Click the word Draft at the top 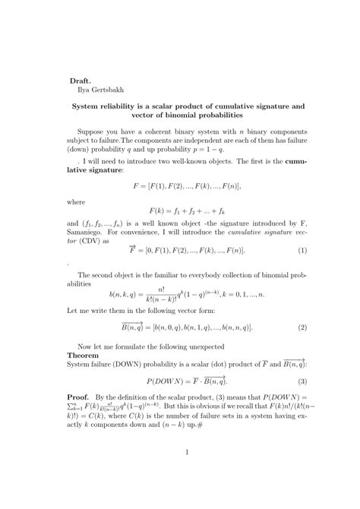81,78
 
